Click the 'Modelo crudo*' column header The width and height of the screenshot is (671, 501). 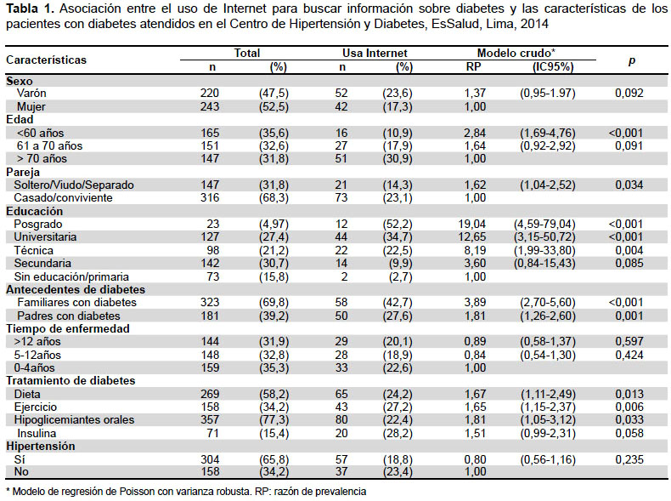tap(516, 53)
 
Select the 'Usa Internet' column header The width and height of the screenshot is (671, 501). tap(375, 53)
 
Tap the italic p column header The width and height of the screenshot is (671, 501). tap(632, 60)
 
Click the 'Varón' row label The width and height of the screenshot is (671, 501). tap(31, 94)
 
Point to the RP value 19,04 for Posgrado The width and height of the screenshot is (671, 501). tap(472, 225)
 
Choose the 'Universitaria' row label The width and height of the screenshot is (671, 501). tap(45, 237)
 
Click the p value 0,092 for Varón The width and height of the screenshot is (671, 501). tap(629, 94)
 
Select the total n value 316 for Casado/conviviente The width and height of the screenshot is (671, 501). tap(210, 198)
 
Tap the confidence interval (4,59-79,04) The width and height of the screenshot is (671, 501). tap(544, 225)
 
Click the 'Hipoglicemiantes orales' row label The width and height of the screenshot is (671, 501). tap(74, 420)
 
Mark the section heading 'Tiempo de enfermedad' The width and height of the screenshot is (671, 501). tap(68, 328)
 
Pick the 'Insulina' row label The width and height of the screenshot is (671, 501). tap(37, 433)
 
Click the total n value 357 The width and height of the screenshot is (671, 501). tap(210, 420)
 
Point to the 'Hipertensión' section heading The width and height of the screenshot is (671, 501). tap(41, 447)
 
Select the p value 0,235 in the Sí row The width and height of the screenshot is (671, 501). tap(629, 460)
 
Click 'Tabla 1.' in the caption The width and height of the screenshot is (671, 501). tap(31, 9)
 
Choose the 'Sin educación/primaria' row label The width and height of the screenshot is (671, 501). tap(71, 276)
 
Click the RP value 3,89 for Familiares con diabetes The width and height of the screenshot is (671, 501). tap(475, 303)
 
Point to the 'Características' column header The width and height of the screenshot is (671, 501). tap(46, 60)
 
